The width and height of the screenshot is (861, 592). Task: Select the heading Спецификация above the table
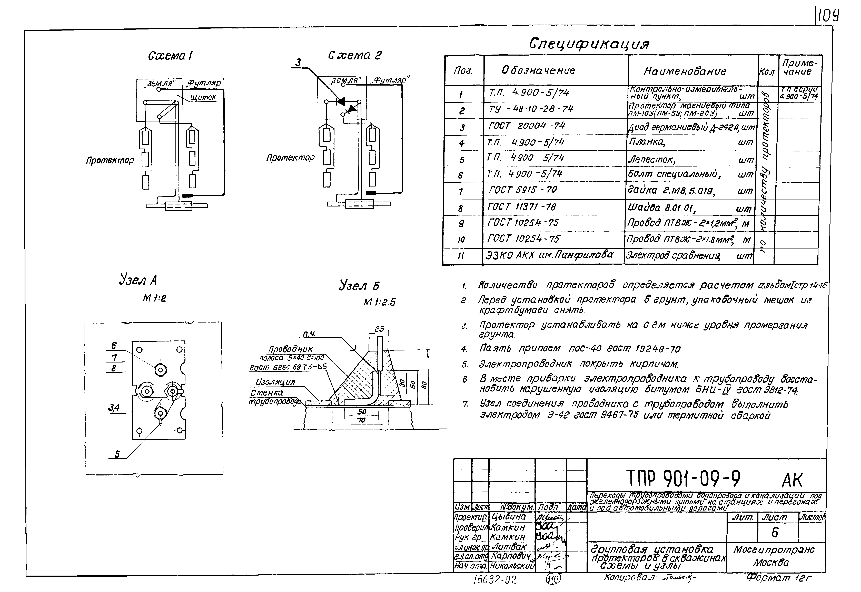[589, 44]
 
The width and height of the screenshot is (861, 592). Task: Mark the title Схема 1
[170, 56]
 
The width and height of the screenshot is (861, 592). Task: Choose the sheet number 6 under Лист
[775, 533]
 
